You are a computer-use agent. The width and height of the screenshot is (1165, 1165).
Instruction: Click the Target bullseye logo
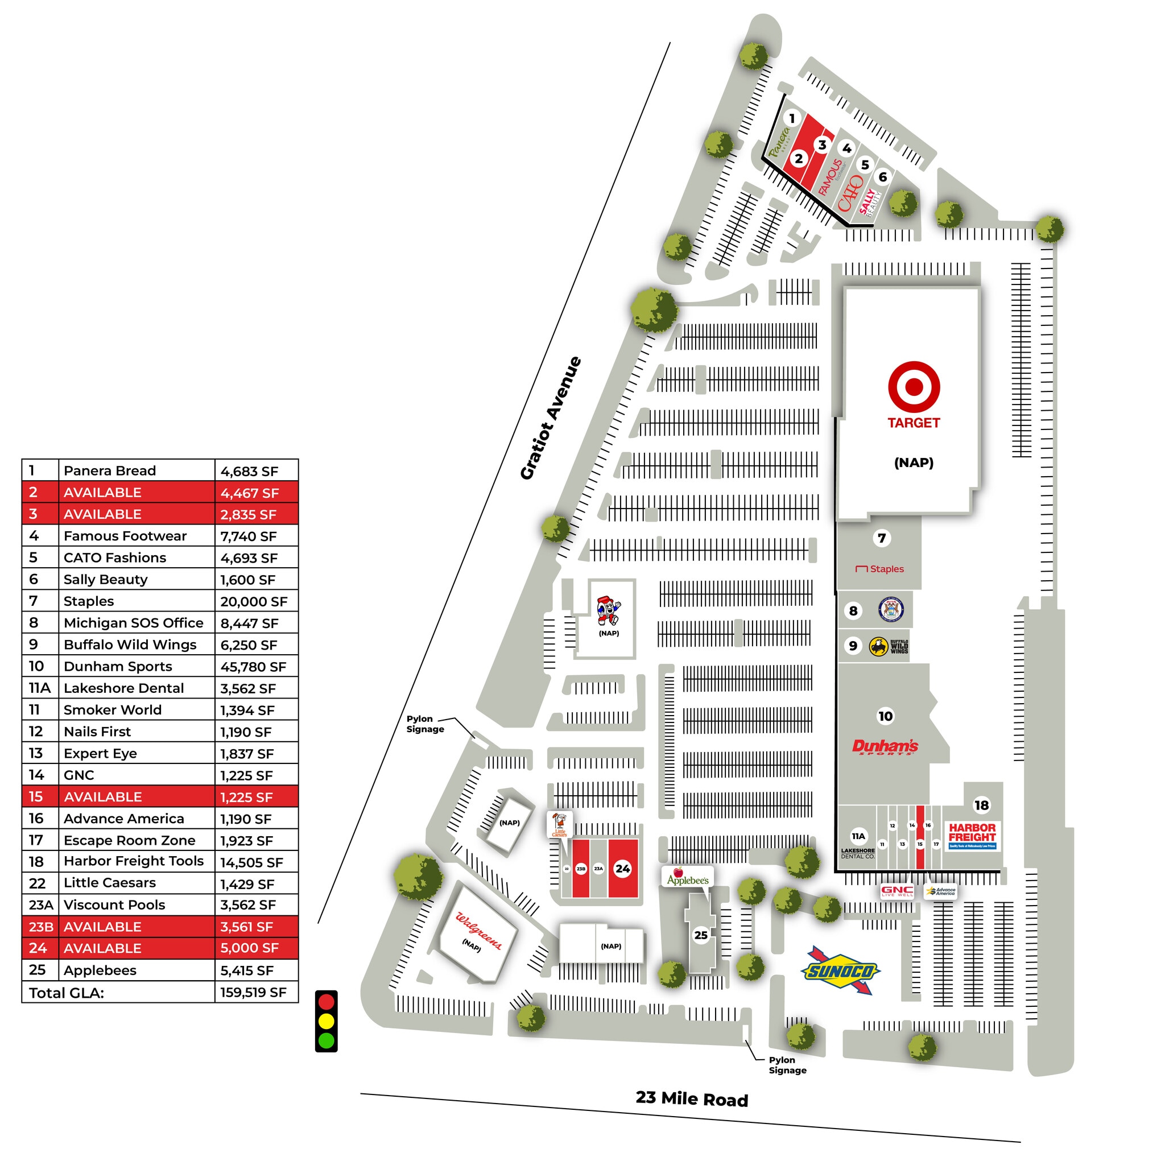(x=914, y=386)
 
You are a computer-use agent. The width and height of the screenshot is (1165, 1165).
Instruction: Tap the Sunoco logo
(x=840, y=971)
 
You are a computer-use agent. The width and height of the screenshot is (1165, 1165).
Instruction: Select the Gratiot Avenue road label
(x=551, y=418)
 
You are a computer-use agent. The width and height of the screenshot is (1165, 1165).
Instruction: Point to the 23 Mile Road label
(x=692, y=1098)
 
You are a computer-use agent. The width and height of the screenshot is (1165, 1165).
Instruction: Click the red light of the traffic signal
(x=326, y=1002)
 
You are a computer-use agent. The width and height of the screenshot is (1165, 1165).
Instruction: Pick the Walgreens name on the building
(x=478, y=931)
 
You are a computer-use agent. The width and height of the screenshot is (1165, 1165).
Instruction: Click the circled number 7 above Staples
(x=882, y=538)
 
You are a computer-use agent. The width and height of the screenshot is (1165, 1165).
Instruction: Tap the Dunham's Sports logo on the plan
(x=885, y=746)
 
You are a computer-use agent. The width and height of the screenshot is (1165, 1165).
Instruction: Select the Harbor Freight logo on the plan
(x=972, y=834)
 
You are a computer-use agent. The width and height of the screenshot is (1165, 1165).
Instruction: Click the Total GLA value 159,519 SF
(x=253, y=993)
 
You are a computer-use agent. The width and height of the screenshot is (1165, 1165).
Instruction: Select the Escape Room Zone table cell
(x=130, y=840)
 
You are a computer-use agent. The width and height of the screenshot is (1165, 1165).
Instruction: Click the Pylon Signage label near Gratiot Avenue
(x=424, y=724)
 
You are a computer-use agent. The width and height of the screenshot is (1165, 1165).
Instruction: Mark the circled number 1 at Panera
(x=792, y=118)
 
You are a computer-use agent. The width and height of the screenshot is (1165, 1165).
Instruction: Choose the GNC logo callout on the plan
(x=897, y=891)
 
